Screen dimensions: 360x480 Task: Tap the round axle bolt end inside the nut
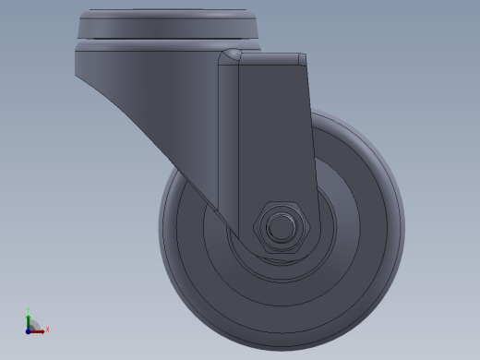(x=277, y=226)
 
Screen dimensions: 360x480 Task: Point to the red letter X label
(x=46, y=329)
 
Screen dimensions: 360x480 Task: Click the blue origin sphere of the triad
(x=29, y=329)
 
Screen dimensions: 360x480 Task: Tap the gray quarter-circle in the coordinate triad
(x=33, y=324)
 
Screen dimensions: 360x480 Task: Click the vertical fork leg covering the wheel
(x=272, y=138)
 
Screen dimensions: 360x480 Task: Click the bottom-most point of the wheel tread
(x=282, y=331)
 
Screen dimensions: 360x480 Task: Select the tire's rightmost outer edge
(x=403, y=222)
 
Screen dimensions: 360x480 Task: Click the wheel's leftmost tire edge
(x=161, y=222)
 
